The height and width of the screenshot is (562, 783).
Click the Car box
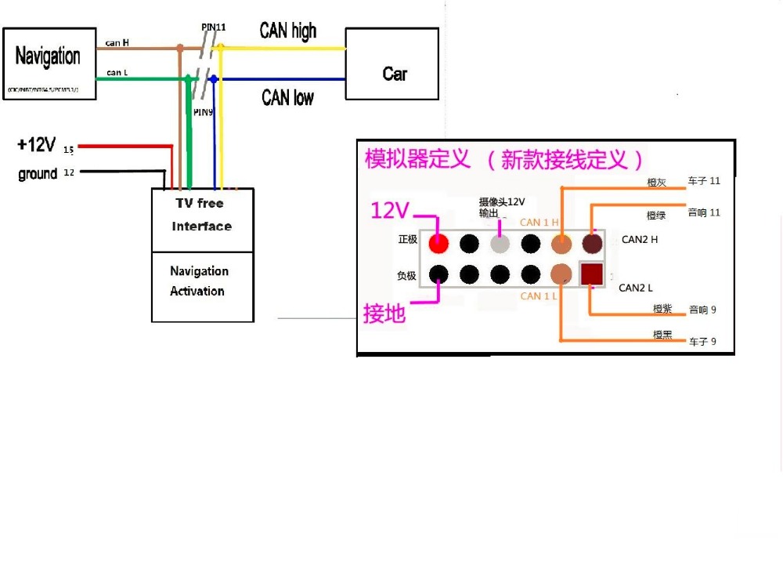tap(392, 64)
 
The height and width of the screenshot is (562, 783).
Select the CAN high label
tap(287, 31)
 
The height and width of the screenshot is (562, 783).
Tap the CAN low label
tap(287, 97)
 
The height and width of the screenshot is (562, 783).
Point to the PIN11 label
tap(214, 27)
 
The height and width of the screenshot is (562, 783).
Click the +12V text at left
tap(36, 145)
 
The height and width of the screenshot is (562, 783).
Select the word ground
tap(38, 174)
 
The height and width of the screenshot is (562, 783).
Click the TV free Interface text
tap(201, 215)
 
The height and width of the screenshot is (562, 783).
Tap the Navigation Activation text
tap(199, 281)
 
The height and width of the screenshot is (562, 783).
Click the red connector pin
tap(438, 243)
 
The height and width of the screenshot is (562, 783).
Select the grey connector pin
tap(500, 243)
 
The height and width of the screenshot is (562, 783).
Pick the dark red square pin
tap(591, 274)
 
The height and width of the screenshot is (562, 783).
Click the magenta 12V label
tap(390, 210)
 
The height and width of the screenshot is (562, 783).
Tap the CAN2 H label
tap(639, 239)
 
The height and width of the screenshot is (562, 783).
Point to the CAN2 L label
tap(635, 288)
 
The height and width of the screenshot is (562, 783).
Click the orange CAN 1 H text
tap(539, 223)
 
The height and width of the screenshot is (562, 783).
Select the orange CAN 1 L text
tap(539, 296)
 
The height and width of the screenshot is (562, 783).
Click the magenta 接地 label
tap(384, 314)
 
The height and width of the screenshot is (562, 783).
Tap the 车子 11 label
tap(703, 181)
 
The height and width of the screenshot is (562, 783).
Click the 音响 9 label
tap(702, 310)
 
